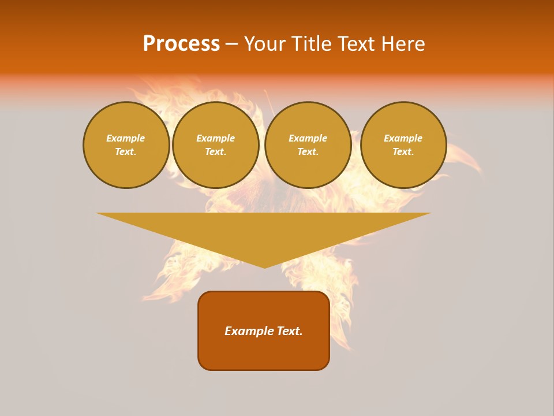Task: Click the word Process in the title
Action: tap(181, 44)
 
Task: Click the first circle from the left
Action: tap(126, 145)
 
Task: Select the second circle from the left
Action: tap(216, 145)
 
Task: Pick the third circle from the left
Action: tap(308, 145)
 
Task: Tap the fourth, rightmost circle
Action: tap(403, 145)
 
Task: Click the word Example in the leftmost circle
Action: tap(126, 138)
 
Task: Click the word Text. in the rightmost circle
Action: tap(403, 152)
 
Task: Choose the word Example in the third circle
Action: tap(308, 138)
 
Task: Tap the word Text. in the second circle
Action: tap(216, 152)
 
